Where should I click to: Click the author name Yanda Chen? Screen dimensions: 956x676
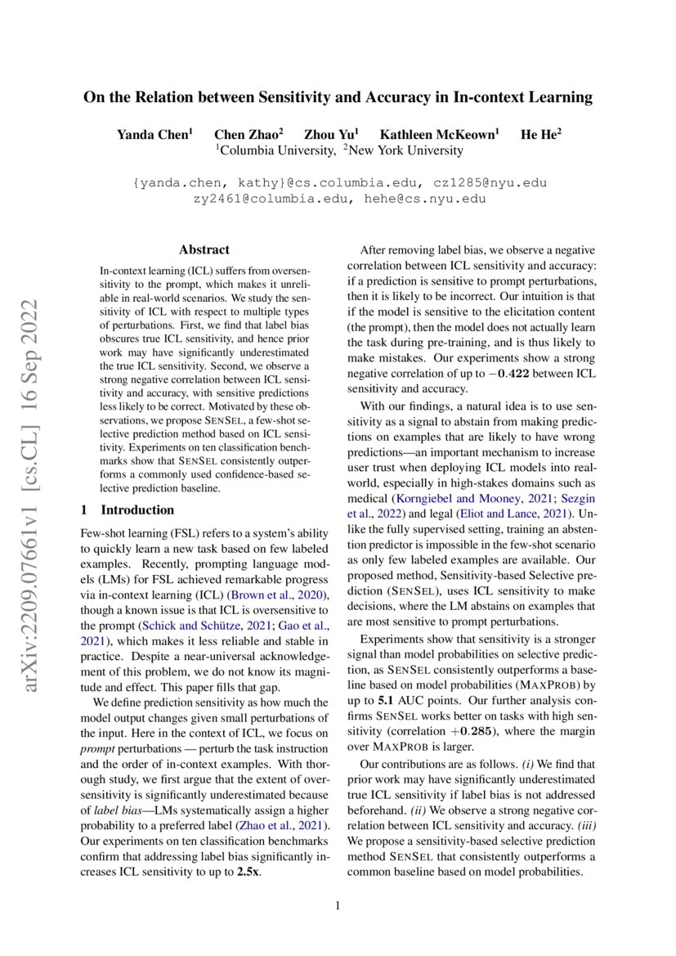click(x=155, y=133)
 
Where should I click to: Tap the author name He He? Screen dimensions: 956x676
click(x=541, y=133)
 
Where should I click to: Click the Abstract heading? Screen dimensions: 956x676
click(x=204, y=249)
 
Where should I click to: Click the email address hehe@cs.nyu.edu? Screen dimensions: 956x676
click(x=423, y=199)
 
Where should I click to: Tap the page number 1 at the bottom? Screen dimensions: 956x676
click(x=338, y=906)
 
